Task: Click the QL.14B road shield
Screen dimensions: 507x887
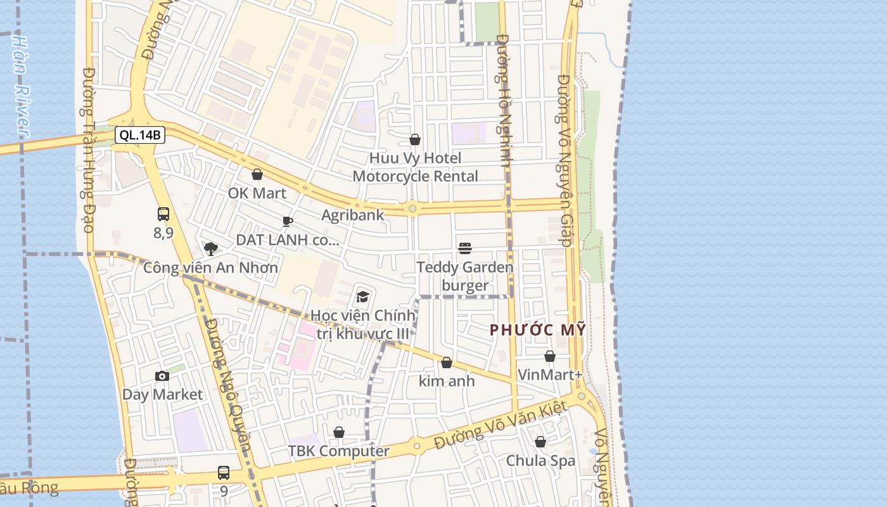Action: (x=140, y=135)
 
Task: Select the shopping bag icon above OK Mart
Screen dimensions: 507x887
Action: (x=257, y=174)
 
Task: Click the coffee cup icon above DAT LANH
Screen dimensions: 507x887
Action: (x=288, y=221)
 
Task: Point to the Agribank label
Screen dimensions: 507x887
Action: (x=352, y=215)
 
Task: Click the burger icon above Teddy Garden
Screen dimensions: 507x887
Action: (x=465, y=248)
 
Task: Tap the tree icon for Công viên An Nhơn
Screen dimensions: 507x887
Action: (x=210, y=248)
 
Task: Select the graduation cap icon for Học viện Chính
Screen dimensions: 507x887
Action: (x=362, y=296)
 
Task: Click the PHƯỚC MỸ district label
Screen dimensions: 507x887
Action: (x=537, y=330)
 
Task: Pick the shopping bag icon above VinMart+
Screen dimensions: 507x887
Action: (x=550, y=356)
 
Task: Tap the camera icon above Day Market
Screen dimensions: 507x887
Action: (x=162, y=376)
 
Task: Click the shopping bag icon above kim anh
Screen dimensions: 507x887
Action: (x=447, y=363)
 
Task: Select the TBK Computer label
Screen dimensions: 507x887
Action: (x=339, y=451)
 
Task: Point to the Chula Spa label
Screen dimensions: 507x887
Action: (x=540, y=461)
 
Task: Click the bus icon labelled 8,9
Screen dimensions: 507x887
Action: (x=163, y=214)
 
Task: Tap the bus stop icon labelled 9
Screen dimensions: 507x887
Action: (x=224, y=472)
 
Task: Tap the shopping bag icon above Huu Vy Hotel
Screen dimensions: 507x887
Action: (x=415, y=139)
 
